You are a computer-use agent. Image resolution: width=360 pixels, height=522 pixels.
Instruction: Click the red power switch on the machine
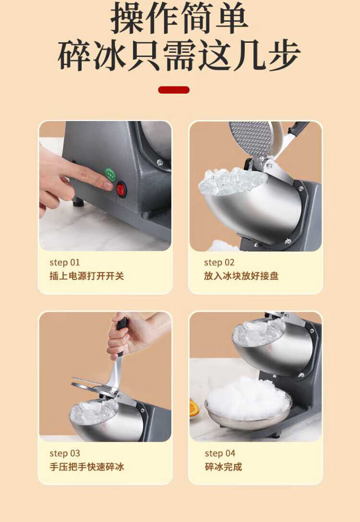(x=121, y=190)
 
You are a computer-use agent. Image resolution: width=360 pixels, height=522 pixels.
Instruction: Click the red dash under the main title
(x=174, y=90)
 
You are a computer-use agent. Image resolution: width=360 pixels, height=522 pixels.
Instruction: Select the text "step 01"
(x=64, y=262)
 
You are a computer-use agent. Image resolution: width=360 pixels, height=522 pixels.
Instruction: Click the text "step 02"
(x=219, y=262)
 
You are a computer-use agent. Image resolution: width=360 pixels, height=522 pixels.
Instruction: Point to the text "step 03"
(x=64, y=453)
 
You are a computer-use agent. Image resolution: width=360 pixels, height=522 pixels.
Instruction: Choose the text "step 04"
(x=220, y=453)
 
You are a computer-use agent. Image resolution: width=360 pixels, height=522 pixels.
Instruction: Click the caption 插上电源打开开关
(x=87, y=276)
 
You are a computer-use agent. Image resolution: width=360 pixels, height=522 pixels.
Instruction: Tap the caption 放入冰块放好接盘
(x=241, y=276)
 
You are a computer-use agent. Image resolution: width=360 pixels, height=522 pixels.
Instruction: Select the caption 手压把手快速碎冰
(x=87, y=467)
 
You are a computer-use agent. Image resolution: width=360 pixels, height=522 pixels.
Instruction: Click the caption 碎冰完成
(x=223, y=467)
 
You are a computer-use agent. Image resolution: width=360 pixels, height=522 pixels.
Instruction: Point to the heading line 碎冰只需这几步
(x=179, y=55)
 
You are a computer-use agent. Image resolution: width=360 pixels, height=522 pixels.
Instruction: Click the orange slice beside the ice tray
(x=194, y=408)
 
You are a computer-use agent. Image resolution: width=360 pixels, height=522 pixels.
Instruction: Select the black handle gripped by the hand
(x=121, y=335)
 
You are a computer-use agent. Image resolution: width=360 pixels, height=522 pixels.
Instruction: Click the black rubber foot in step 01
(x=79, y=202)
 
